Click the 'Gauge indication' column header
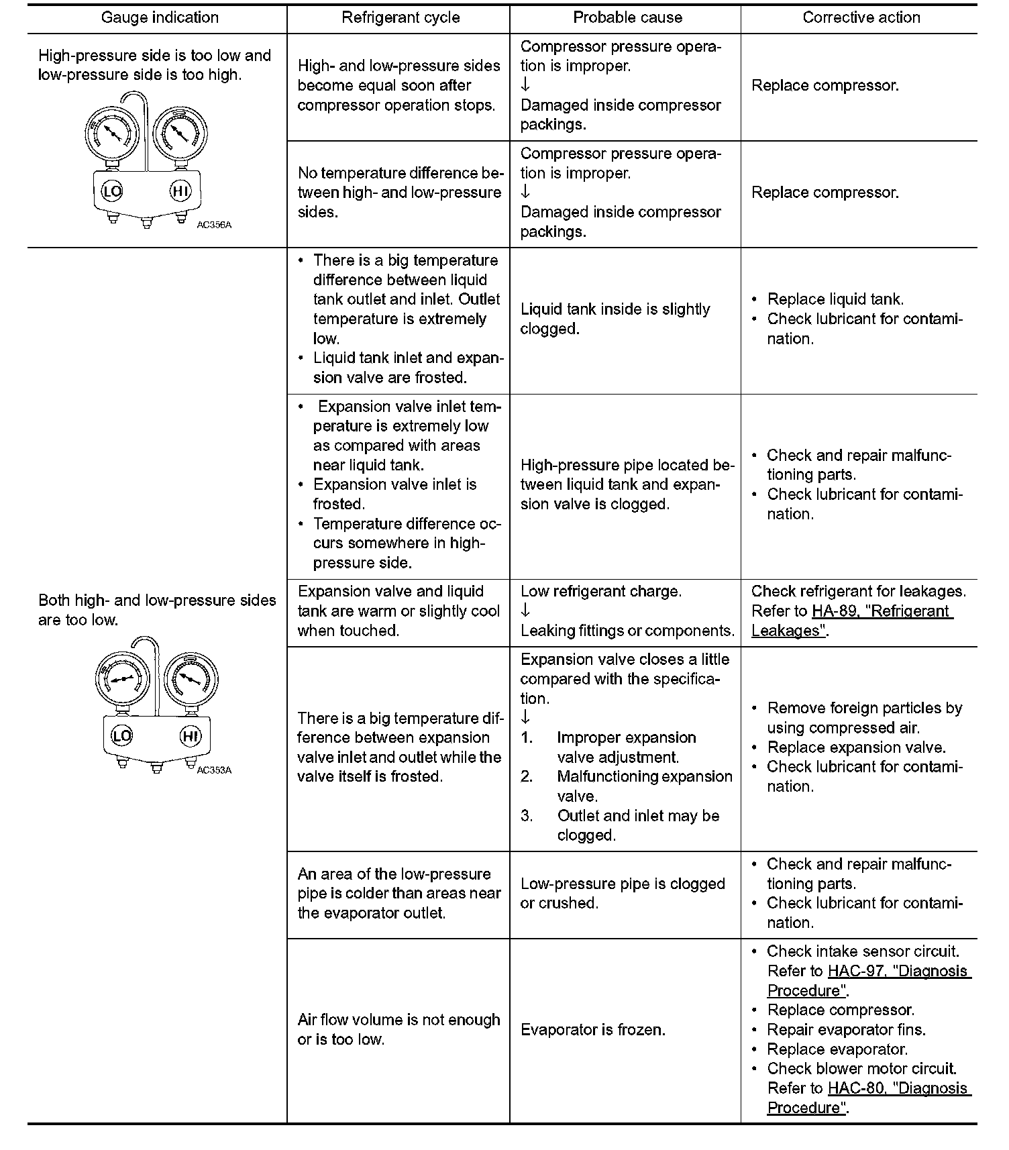160,18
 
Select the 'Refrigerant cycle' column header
401,18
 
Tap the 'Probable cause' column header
627,18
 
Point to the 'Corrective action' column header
861,18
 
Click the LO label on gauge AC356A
112,192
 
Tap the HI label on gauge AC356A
180,192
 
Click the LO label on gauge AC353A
121,736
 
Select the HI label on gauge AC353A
191,736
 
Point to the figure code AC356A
214,225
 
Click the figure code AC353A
214,770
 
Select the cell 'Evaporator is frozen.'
593,1030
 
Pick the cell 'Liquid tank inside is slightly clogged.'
615,319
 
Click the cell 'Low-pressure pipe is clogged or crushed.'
623,893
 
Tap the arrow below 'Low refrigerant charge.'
525,610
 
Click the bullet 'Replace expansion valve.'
856,747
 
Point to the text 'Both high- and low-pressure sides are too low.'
157,610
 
